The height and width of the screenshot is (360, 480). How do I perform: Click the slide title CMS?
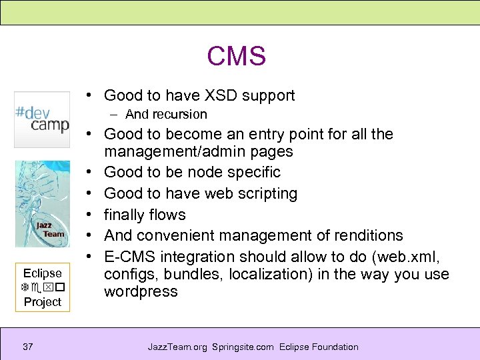[236, 56]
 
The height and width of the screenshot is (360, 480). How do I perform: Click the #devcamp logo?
[42, 119]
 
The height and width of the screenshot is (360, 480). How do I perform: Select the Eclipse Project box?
[43, 287]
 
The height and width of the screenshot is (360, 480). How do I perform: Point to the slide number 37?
[27, 347]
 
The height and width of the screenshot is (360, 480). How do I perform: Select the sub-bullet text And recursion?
[166, 115]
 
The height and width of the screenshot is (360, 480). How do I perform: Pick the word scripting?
[265, 194]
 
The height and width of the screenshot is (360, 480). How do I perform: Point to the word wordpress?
[141, 292]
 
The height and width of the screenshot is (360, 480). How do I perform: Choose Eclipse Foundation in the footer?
[319, 347]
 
